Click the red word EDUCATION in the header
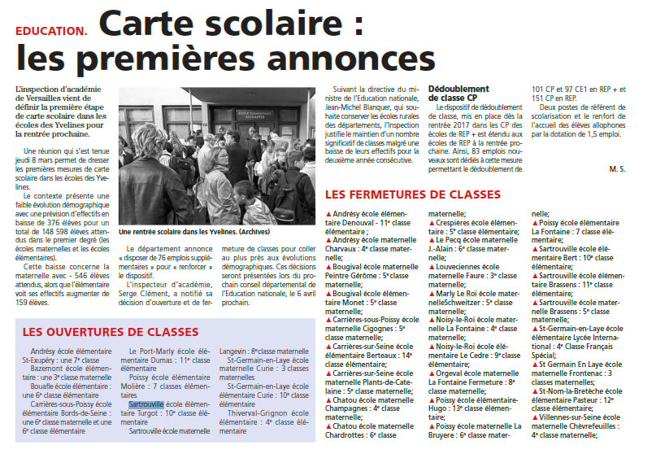tap(50, 31)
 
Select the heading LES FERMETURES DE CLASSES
tap(412, 195)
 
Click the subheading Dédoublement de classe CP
tap(458, 93)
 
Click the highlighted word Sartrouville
tap(146, 404)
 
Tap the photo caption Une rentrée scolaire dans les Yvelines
tap(193, 230)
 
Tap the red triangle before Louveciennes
tap(432, 266)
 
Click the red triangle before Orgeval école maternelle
tap(432, 373)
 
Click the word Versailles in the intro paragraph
tap(43, 98)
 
